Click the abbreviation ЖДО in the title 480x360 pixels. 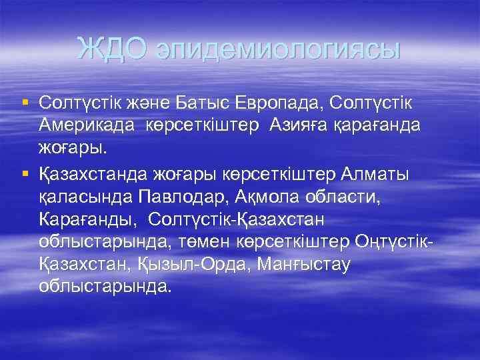coord(115,49)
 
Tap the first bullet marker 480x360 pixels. coord(25,103)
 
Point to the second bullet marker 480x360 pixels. coord(25,175)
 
